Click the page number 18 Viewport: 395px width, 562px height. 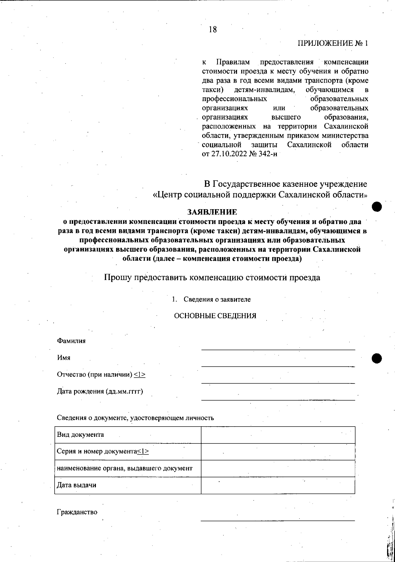coord(213,30)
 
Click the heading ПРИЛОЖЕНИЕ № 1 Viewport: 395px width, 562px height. coord(333,43)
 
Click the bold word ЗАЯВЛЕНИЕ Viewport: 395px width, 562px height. coord(212,211)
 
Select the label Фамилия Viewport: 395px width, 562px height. coord(71,341)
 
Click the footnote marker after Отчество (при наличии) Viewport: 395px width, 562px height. coord(140,375)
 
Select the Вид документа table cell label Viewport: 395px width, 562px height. coord(81,435)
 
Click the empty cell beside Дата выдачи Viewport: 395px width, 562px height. coord(278,485)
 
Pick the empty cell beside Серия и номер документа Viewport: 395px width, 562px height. coord(278,452)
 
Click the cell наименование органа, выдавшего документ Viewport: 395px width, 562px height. coord(125,468)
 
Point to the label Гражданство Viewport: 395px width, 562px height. coord(77,512)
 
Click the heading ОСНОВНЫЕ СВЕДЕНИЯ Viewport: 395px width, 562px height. coord(215,316)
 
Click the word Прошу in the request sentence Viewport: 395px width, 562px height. coord(116,277)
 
